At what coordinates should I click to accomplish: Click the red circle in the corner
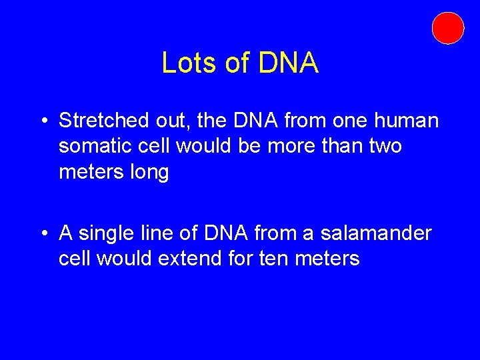447,28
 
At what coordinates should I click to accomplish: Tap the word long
150,173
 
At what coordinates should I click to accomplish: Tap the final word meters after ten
327,259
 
